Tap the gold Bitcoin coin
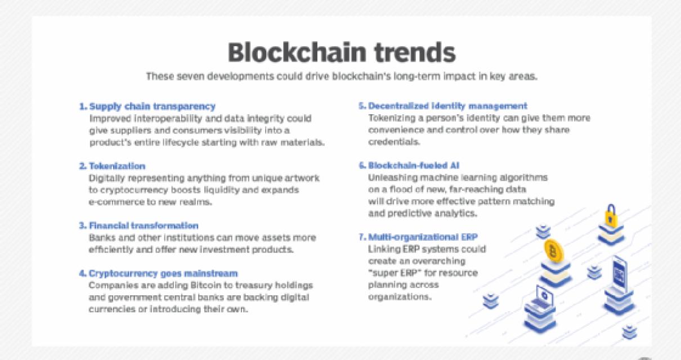click(555, 251)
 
